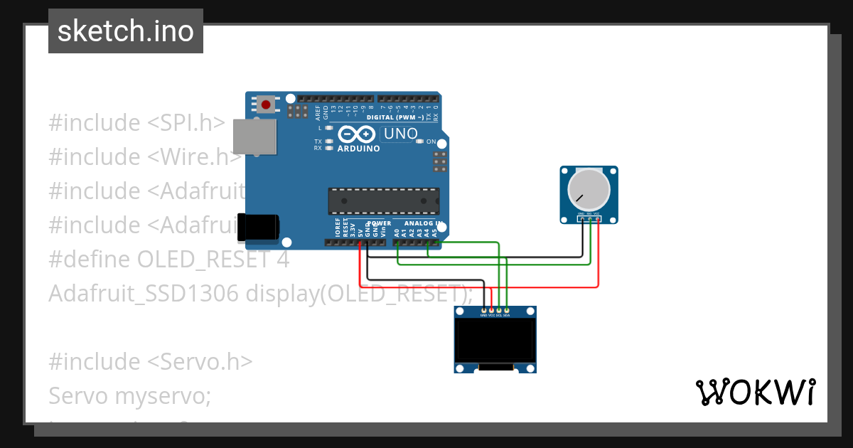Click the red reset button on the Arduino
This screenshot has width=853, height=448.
coord(266,105)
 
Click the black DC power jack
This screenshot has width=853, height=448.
coord(257,227)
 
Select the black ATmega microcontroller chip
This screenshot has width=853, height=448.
coord(383,201)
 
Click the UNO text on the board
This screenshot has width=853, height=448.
coord(400,133)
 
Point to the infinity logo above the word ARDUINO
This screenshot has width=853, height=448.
coord(358,134)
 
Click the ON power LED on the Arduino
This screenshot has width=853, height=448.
coord(420,142)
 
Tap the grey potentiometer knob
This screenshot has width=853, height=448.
coord(589,188)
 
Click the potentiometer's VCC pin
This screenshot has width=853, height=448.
coord(598,219)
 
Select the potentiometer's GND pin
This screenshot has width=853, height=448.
coord(582,219)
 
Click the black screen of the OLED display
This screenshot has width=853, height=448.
coord(495,340)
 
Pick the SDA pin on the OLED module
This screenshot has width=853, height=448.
coord(507,311)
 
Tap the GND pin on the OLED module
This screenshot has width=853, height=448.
coord(484,311)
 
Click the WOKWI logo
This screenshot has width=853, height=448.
coord(755,392)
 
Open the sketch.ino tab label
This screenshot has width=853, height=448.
coord(126,31)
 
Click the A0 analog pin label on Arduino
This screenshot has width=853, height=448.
coord(397,232)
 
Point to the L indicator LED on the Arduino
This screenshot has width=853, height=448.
coord(328,127)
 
